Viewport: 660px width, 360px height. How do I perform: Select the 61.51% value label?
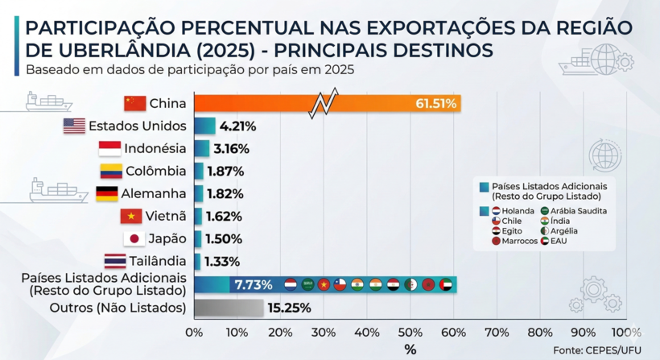click(x=435, y=104)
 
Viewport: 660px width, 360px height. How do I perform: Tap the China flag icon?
click(x=134, y=104)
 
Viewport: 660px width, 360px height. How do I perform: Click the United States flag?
click(x=74, y=126)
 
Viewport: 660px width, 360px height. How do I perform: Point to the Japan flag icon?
click(x=134, y=239)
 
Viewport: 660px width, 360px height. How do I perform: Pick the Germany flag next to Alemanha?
click(x=106, y=194)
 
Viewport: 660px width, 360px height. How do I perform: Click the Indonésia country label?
click(x=155, y=149)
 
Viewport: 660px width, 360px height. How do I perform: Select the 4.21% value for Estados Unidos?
click(x=237, y=126)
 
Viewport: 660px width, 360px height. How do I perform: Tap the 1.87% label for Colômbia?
click(x=225, y=172)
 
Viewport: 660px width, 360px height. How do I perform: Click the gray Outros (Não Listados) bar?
click(x=229, y=308)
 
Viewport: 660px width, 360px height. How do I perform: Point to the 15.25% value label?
click(x=289, y=308)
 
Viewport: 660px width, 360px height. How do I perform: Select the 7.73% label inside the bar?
click(x=254, y=285)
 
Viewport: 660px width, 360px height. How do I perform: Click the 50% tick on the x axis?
click(x=410, y=332)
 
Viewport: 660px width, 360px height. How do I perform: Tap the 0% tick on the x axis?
click(x=194, y=332)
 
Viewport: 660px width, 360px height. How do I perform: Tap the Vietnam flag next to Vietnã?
click(x=131, y=217)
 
